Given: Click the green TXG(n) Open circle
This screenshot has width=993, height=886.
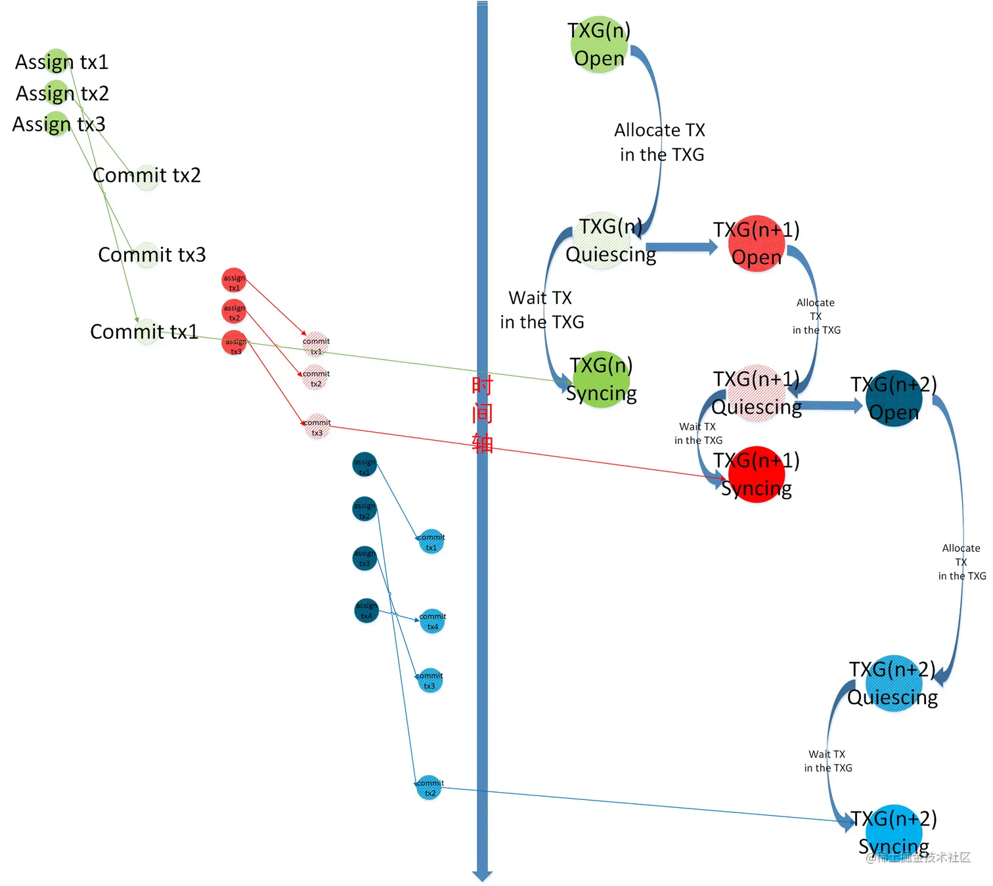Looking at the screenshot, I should pyautogui.click(x=599, y=44).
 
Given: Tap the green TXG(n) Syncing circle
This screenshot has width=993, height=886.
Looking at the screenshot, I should pyautogui.click(x=601, y=379).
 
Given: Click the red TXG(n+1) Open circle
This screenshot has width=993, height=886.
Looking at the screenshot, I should pyautogui.click(x=757, y=243).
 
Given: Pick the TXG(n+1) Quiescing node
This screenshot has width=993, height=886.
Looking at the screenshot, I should pyautogui.click(x=757, y=393).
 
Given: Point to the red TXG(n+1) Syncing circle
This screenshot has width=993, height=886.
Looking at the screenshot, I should pyautogui.click(x=757, y=474).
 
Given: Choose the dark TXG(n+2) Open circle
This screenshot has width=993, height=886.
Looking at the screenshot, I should pyautogui.click(x=893, y=398).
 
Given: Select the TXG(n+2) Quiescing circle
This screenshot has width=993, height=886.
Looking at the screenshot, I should pyautogui.click(x=893, y=683).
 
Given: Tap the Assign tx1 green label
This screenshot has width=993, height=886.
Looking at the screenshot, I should pyautogui.click(x=61, y=62).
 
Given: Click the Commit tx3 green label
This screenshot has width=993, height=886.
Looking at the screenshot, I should pyautogui.click(x=152, y=254).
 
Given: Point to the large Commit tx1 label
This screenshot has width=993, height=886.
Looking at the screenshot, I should pyautogui.click(x=144, y=332).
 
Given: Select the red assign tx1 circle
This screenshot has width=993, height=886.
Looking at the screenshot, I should pyautogui.click(x=234, y=280).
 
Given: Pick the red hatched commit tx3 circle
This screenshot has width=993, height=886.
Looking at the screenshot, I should pyautogui.click(x=317, y=427).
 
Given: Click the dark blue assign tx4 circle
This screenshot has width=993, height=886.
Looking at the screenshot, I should pyautogui.click(x=366, y=611).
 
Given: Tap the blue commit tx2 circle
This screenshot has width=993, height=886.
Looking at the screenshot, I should pyautogui.click(x=430, y=787).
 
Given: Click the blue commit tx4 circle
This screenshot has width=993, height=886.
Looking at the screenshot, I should pyautogui.click(x=432, y=621).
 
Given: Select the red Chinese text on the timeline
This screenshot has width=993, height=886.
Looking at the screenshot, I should pyautogui.click(x=482, y=414).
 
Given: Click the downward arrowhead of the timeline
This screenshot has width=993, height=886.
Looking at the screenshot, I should pyautogui.click(x=482, y=875).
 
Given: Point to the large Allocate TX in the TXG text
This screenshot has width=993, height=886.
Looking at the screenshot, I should pyautogui.click(x=660, y=142).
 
